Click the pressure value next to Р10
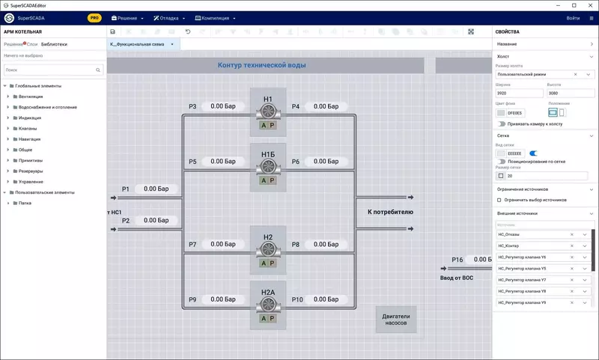[x=326, y=299]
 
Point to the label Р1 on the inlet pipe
[x=126, y=189]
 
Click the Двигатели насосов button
[x=396, y=320]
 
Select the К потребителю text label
[x=390, y=213]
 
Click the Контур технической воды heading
[x=261, y=65]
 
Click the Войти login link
[x=573, y=17]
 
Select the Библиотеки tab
[x=54, y=44]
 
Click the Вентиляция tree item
[x=31, y=97]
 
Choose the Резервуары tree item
[x=31, y=171]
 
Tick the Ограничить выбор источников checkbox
[x=499, y=200]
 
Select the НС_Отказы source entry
[x=532, y=234]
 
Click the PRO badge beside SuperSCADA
[x=94, y=17]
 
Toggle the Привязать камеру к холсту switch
[x=502, y=124]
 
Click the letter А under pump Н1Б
[x=263, y=180]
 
